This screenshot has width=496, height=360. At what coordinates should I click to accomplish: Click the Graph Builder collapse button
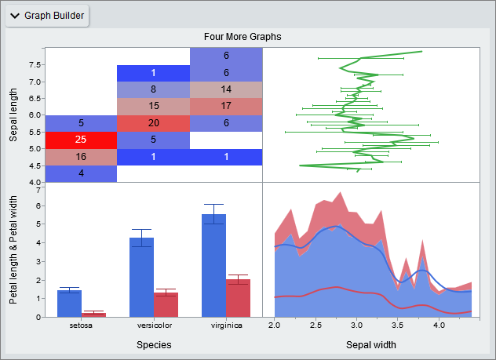15,16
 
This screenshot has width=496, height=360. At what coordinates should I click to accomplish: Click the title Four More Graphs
243,36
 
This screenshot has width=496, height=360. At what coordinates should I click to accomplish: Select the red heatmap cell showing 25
81,140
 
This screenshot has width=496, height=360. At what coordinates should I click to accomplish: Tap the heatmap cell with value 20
153,123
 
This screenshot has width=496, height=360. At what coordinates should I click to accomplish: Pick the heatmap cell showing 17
226,106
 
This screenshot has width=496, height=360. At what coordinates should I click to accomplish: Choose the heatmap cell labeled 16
81,157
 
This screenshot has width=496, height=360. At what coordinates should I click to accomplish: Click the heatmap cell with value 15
153,106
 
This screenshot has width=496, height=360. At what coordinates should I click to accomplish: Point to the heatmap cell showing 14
226,89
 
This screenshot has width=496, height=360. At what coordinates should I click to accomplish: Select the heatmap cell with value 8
153,89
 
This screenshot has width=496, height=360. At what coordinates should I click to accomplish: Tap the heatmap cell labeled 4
81,173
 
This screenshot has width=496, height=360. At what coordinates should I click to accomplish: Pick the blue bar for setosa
69,304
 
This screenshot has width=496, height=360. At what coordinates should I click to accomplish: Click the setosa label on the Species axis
80,325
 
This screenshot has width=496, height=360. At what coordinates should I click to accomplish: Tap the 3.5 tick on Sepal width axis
398,325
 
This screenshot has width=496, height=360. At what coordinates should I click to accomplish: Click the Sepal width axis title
370,344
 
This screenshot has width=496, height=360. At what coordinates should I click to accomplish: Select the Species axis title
154,344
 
